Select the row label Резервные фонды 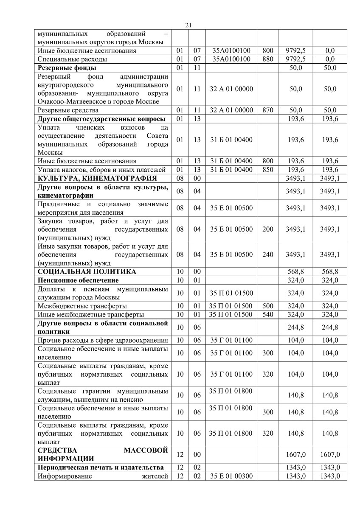67,68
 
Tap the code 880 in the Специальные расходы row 268,59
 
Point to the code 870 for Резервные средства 268,110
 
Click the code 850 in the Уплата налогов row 268,170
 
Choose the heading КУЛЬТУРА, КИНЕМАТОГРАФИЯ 97,178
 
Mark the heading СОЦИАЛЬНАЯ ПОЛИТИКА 87,271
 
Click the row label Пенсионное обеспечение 78,280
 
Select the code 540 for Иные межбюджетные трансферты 268,315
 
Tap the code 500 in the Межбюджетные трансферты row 268,306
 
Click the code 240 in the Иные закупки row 268,255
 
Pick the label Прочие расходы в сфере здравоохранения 102,340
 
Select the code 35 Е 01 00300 231,476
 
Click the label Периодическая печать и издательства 101,467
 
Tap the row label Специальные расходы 72,59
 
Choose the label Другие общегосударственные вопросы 101,119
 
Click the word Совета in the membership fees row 157,136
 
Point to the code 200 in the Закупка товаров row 268,229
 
